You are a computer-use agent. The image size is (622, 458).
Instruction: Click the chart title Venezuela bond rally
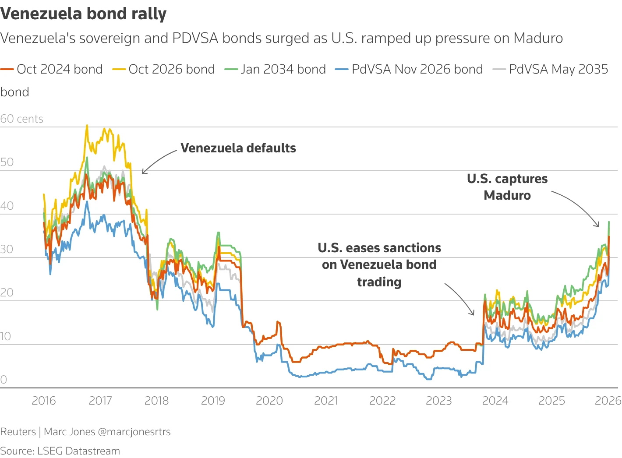click(83, 14)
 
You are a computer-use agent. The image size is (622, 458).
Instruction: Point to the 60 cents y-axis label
click(22, 119)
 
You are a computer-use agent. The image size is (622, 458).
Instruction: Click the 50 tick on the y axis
click(7, 162)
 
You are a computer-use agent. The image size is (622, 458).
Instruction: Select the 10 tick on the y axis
click(6, 336)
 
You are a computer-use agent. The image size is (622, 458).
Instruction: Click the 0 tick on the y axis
click(4, 380)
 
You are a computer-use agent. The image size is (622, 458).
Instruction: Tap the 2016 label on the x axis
click(44, 401)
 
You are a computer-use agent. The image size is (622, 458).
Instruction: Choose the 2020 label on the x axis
click(269, 401)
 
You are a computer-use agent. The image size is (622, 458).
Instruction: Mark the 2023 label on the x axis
click(438, 401)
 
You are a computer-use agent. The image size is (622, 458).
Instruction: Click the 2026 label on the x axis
click(608, 401)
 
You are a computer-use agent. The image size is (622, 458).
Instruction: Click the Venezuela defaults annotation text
click(238, 148)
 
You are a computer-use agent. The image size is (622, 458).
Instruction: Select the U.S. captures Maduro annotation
click(507, 187)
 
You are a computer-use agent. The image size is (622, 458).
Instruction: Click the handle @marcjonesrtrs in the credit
click(134, 432)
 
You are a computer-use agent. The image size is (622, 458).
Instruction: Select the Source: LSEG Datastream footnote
click(60, 451)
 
